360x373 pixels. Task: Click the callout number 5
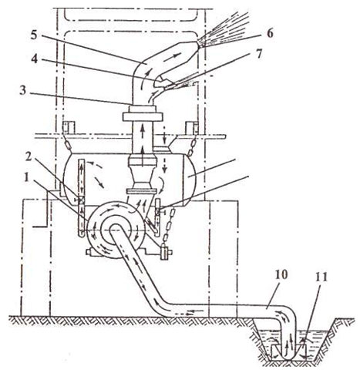[34, 35]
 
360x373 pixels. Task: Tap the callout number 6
[269, 33]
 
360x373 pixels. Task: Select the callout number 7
[258, 54]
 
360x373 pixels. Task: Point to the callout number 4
[35, 59]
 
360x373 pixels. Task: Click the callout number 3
[23, 91]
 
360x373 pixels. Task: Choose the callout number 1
[26, 178]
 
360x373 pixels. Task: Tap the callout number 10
[281, 275]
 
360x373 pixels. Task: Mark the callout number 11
[321, 277]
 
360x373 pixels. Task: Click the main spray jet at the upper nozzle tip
[224, 29]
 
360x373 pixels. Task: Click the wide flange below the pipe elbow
[143, 117]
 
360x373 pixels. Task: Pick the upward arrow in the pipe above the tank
[143, 133]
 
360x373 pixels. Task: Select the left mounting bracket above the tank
[68, 128]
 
